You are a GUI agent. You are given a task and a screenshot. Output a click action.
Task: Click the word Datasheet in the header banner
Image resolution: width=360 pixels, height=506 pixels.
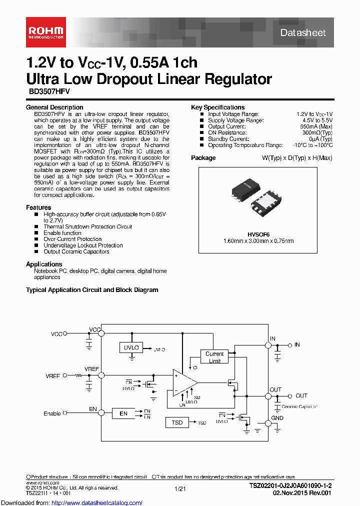pos(302,33)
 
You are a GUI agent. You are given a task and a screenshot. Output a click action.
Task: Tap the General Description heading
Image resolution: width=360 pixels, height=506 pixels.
pos(54,107)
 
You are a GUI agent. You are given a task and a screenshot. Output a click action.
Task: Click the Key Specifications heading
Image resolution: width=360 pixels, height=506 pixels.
pos(218,107)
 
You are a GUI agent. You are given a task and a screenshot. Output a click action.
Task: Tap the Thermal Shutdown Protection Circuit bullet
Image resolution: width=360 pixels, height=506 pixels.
pos(87,226)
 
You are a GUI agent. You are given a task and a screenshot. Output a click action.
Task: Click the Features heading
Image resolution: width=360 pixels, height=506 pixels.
pos(38,207)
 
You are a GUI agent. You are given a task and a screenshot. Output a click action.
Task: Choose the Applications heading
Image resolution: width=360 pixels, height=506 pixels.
pos(44,264)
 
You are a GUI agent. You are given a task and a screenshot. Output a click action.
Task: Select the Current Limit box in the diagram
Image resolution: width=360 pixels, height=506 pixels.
pos(214,357)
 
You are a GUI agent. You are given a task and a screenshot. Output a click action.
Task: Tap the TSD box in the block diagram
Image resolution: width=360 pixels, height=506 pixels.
pos(177,422)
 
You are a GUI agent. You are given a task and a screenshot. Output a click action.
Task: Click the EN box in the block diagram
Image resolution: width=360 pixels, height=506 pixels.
pos(123,413)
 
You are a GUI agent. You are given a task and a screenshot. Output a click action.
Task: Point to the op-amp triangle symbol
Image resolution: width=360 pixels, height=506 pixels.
pos(183,383)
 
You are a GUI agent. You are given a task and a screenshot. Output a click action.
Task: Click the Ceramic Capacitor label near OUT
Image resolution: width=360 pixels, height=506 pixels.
pos(300,406)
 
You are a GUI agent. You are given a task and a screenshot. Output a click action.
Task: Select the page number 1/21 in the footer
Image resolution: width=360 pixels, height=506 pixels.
pos(180,488)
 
